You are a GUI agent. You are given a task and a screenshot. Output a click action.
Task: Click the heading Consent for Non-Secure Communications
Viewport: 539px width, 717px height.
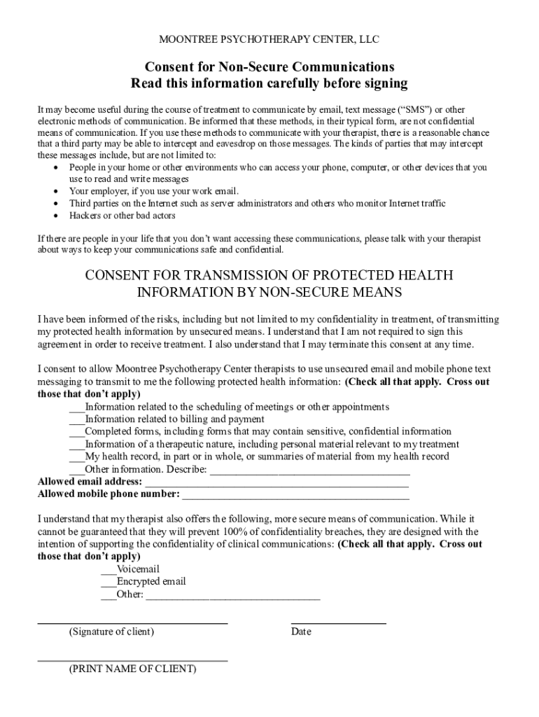click(269, 67)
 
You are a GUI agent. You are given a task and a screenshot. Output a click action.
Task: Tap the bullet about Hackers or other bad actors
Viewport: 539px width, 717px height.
click(122, 216)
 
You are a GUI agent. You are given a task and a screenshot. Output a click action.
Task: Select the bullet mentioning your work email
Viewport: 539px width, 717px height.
click(153, 191)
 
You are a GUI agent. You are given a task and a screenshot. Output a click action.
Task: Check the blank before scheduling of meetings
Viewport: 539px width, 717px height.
click(76, 408)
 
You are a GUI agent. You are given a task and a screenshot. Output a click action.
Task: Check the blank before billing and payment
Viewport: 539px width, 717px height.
click(76, 420)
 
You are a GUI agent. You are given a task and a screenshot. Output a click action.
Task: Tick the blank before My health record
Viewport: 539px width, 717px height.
click(76, 457)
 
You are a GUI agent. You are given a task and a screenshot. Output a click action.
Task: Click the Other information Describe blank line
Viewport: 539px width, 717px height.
click(309, 471)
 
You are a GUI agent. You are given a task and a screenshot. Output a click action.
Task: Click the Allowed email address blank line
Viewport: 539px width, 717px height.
click(276, 483)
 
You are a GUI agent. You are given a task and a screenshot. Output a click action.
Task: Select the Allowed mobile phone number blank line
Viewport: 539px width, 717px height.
click(295, 496)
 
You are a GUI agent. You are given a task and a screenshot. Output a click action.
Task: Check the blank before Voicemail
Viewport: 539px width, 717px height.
click(108, 570)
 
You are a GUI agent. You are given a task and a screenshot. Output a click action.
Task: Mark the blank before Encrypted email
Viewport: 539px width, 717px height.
click(108, 583)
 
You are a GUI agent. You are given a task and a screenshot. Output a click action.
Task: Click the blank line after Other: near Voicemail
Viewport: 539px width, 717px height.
click(232, 597)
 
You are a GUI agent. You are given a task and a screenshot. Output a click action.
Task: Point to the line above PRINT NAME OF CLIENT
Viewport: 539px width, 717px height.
click(132, 660)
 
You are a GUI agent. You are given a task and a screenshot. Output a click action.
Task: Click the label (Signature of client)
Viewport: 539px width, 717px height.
click(111, 632)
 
